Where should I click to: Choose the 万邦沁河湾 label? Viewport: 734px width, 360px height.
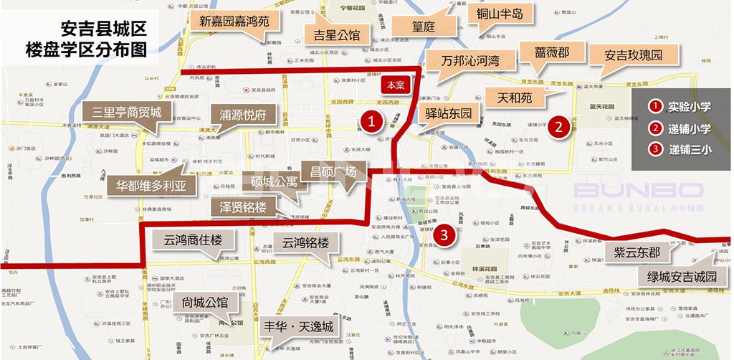click(470, 60)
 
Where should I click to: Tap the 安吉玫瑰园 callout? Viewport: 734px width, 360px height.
click(631, 55)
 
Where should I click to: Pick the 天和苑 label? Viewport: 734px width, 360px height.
click(514, 97)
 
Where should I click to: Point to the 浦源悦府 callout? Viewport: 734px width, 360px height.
click(242, 114)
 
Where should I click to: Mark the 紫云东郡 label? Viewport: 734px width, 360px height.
click(637, 252)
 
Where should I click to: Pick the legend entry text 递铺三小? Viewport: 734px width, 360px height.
click(690, 150)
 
